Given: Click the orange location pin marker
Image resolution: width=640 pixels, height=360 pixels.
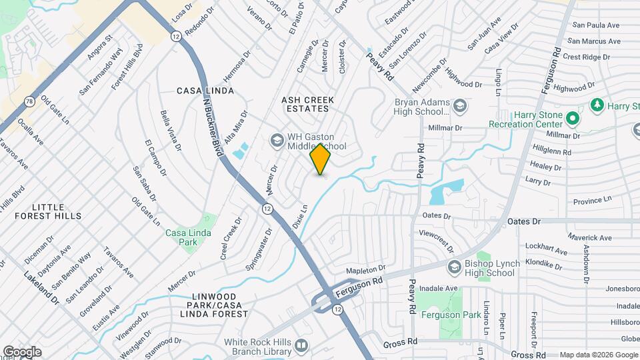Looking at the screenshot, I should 321,159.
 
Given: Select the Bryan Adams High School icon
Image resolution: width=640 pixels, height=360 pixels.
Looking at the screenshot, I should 459,105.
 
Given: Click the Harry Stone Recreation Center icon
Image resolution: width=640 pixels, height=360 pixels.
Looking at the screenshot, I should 572,119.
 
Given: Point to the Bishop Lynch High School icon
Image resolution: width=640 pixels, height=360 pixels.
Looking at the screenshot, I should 455,267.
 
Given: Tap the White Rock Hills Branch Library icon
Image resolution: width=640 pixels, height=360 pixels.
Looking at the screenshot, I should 301,345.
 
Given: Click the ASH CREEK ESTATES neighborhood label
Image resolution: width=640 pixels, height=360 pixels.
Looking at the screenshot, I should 307,105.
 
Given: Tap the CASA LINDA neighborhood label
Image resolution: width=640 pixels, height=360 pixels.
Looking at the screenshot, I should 205,90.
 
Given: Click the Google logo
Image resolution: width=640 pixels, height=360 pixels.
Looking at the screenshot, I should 21,352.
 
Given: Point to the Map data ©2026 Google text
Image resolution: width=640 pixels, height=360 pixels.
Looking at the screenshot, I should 597,355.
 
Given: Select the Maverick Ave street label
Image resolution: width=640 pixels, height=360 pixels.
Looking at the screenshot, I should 589,237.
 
